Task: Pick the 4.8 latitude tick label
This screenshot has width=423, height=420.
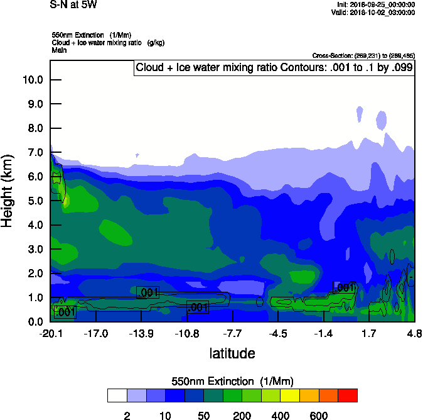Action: [414, 333]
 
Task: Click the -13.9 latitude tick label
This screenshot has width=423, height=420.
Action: [141, 333]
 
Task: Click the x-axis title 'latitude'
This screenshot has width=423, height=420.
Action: [232, 353]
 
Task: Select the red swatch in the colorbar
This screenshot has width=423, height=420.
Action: [348, 395]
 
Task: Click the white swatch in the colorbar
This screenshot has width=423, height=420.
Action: [117, 395]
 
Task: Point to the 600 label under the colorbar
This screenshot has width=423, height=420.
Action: [319, 416]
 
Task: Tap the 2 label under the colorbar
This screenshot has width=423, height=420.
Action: [127, 416]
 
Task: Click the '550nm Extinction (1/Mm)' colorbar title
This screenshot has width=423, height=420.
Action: [232, 382]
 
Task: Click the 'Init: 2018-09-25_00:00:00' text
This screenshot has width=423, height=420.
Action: [375, 4]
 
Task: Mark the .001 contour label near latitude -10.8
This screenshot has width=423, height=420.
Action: [198, 307]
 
